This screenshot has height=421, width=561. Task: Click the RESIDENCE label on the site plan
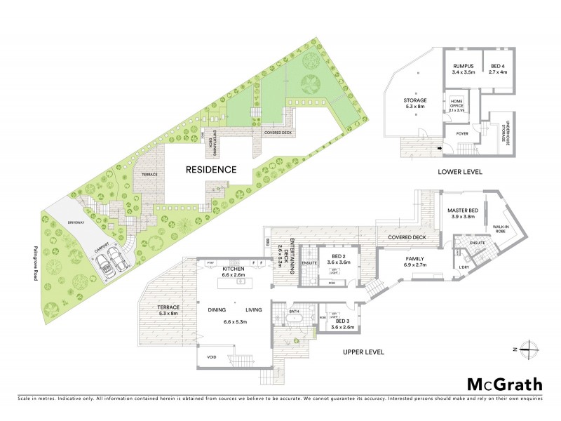click(x=211, y=169)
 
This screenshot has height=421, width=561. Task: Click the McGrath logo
click(x=505, y=384)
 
